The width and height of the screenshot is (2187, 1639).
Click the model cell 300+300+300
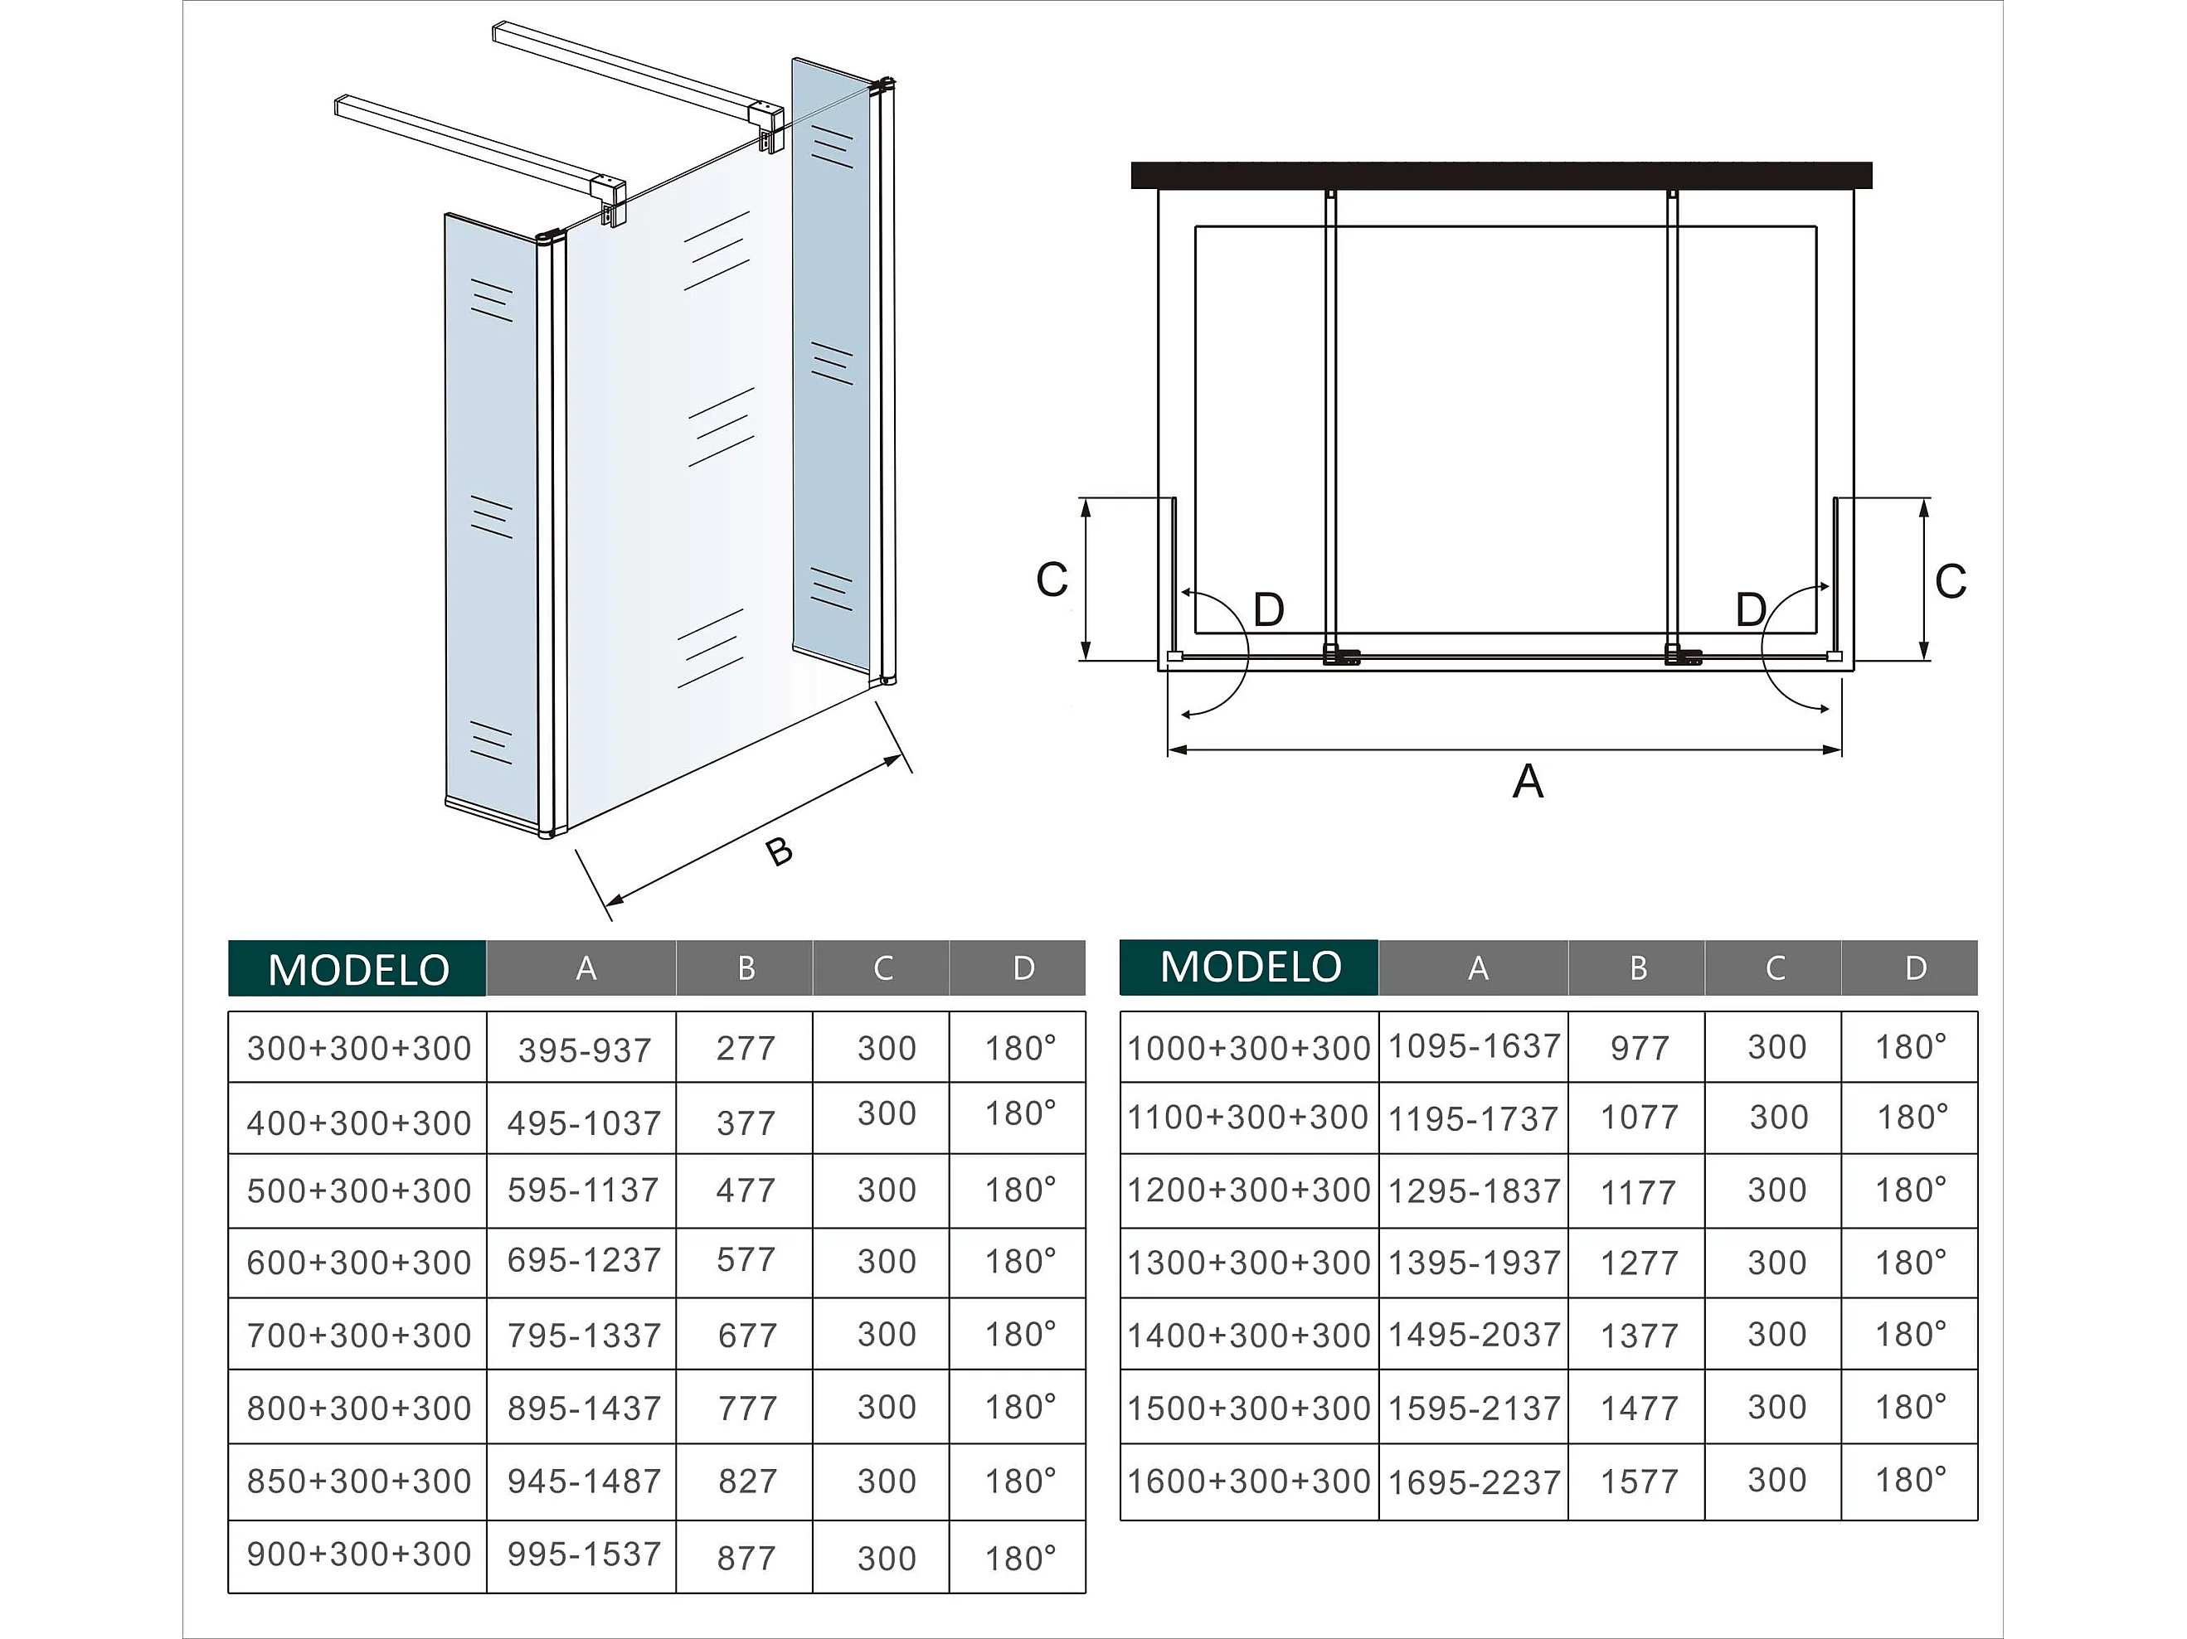[x=359, y=1048]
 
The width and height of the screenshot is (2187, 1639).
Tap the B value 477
[x=746, y=1190]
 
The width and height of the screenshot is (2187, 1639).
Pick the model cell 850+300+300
[x=359, y=1481]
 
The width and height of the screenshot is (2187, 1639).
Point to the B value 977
[x=1640, y=1048]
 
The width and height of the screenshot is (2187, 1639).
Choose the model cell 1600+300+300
[x=1249, y=1481]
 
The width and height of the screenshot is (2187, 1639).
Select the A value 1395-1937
[x=1474, y=1263]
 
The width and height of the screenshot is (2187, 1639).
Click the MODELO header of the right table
[x=1250, y=967]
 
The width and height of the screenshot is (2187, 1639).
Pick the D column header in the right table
[x=1915, y=967]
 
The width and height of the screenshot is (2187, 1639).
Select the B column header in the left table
[x=746, y=967]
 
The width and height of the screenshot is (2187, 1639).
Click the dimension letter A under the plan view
[x=1528, y=781]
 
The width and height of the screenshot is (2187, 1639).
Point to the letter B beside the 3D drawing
[x=779, y=851]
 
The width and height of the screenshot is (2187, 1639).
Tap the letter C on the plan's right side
[x=1950, y=581]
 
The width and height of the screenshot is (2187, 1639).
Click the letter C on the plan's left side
[x=1052, y=579]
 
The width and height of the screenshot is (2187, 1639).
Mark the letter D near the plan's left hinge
[x=1269, y=610]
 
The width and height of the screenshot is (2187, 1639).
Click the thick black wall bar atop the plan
[x=1501, y=175]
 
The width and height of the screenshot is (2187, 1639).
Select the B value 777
[x=747, y=1408]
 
